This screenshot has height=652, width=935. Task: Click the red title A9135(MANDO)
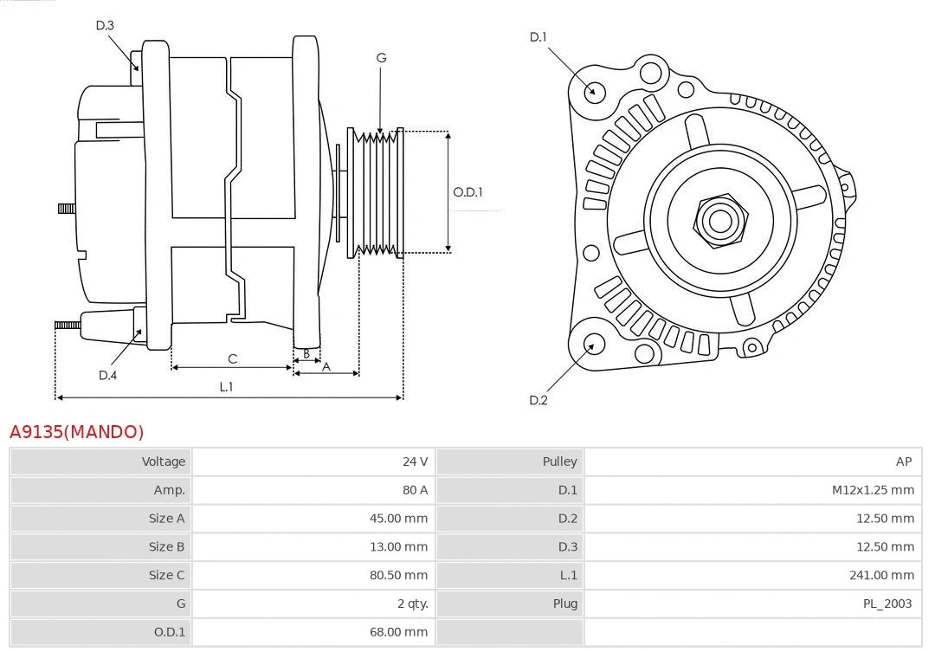77,431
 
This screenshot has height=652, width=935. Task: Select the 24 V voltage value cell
415,462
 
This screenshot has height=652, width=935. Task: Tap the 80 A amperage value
415,490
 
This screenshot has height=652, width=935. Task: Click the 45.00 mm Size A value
398,519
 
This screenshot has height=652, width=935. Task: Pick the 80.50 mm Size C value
398,575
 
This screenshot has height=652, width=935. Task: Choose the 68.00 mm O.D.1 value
398,632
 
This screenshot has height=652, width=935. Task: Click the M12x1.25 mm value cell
873,490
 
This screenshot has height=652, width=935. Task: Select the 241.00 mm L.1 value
881,575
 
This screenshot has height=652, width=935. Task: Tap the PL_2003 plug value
887,604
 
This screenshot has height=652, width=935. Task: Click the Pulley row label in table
559,462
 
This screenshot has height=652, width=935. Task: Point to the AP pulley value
904,462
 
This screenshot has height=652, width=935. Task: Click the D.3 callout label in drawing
105,25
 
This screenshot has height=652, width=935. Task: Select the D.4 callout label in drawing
107,375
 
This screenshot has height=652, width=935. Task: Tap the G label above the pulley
381,58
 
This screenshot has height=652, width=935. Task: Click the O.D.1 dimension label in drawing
467,192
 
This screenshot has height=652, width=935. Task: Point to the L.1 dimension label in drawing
226,387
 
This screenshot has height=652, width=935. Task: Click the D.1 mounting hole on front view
594,91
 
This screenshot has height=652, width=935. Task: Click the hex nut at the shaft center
719,220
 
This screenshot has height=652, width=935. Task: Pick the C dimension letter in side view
232,358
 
